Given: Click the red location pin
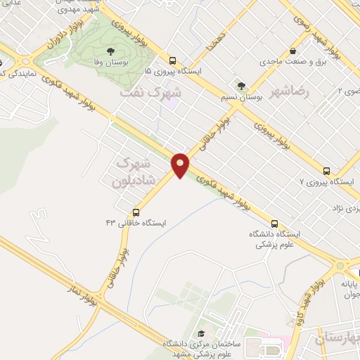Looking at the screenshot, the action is click(181, 165).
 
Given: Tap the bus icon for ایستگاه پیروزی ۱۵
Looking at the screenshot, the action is click(172, 60).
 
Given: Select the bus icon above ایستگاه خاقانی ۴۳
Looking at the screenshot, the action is click(136, 212).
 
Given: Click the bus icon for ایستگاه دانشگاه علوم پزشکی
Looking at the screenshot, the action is click(274, 224).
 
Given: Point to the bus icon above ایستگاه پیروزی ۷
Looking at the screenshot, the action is click(326, 171).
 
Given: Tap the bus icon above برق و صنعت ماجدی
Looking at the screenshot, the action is click(291, 51).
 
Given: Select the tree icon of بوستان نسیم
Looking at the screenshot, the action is click(241, 86).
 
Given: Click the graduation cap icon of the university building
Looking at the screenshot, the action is click(200, 333).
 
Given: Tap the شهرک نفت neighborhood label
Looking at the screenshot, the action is click(150, 92).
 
